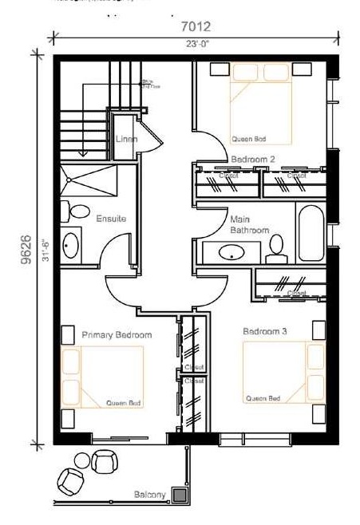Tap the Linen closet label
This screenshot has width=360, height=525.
coord(126,139)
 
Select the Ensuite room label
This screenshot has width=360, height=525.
coord(111,218)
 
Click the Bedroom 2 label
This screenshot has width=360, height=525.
coord(252,159)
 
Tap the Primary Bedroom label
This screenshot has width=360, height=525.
coord(117,335)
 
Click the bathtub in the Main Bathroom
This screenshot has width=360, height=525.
coord(311,233)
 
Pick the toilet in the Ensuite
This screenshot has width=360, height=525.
coord(77,212)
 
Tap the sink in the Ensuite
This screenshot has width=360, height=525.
coord(71,246)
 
